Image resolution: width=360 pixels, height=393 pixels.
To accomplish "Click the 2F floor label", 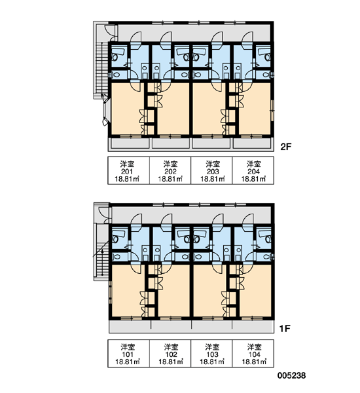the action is [x=286, y=147].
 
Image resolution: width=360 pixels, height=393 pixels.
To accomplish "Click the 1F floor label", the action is [x=285, y=328].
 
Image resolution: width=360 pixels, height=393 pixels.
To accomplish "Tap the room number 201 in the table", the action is [x=127, y=172].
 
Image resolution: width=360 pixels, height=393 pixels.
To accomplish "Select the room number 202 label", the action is [x=170, y=172].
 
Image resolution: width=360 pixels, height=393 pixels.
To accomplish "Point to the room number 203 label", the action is [x=213, y=172].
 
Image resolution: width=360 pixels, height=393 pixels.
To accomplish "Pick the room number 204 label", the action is [x=253, y=172].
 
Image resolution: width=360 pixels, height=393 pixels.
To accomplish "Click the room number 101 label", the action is [x=128, y=354].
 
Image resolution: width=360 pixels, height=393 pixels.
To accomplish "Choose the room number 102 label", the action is [x=171, y=354].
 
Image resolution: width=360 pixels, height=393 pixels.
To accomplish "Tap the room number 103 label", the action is [x=213, y=354].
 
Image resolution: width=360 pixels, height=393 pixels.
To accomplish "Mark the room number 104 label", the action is [x=254, y=354].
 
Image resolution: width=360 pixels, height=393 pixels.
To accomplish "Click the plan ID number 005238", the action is [x=292, y=375].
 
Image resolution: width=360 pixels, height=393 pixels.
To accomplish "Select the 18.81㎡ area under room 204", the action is [x=253, y=179].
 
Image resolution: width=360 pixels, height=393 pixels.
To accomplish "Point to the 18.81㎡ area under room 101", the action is [x=128, y=362].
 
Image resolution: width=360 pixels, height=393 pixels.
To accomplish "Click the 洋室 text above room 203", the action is [x=213, y=164].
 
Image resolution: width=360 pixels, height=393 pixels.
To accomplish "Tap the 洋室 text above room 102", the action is [x=171, y=347].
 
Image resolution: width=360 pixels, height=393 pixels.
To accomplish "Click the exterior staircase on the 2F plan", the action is [x=103, y=70].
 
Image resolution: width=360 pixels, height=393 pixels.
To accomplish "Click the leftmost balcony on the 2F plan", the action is [x=130, y=143].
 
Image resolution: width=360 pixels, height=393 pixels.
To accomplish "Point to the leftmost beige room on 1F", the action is [x=126, y=291].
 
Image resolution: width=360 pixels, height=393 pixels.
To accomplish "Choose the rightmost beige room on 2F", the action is [x=254, y=109].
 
